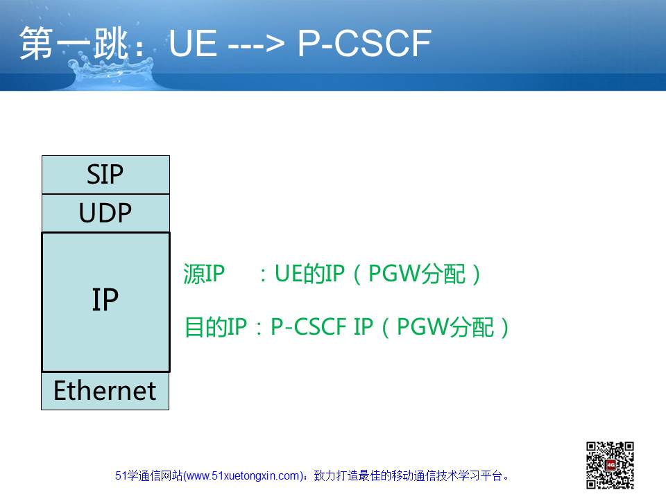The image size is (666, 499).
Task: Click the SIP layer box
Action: (x=105, y=175)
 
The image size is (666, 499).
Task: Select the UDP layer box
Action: (x=105, y=213)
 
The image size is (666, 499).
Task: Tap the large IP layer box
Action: (x=105, y=302)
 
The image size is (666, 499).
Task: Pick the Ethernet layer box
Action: (x=105, y=391)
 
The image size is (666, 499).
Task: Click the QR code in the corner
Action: (x=610, y=465)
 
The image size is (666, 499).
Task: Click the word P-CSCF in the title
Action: (x=364, y=43)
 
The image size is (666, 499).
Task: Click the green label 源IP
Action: (x=204, y=274)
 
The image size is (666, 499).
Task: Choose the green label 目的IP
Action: (x=216, y=327)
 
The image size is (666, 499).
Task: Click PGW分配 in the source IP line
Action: (x=417, y=274)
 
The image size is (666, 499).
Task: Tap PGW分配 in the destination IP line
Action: (x=445, y=327)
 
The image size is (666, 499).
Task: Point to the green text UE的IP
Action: (x=309, y=274)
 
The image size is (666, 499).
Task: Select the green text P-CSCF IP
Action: (x=322, y=327)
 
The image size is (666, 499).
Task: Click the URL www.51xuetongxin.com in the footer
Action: (x=243, y=476)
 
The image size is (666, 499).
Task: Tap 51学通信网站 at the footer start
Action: (x=148, y=476)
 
